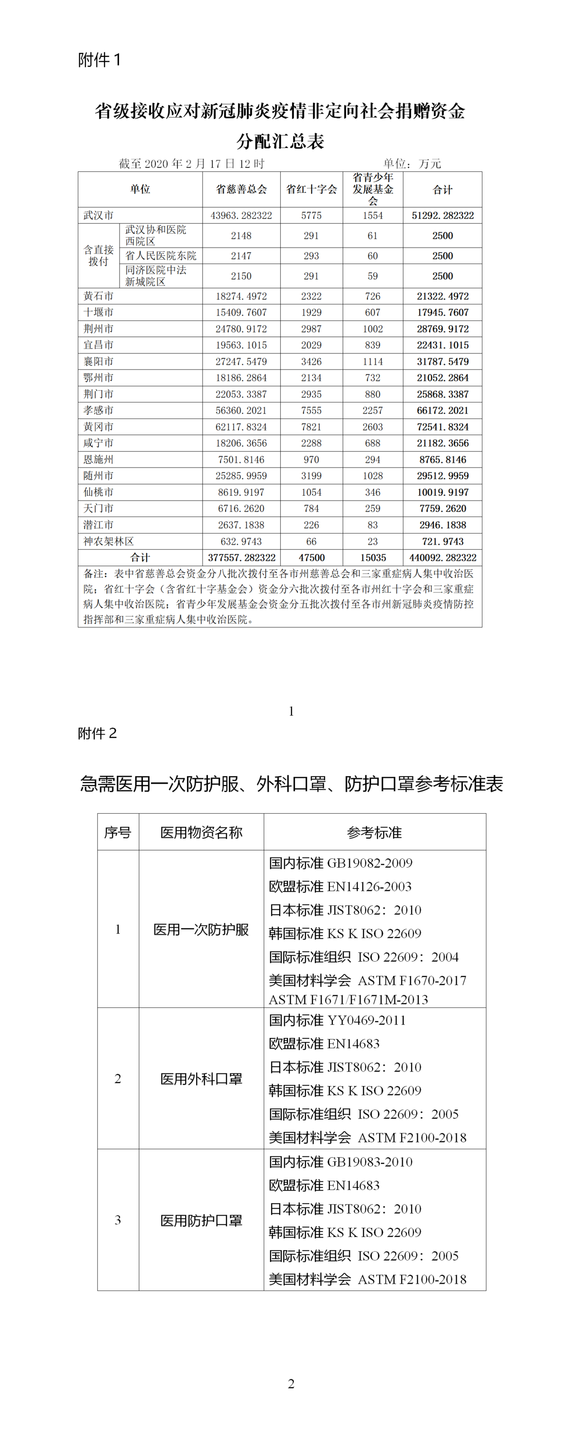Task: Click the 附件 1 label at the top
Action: coord(99,59)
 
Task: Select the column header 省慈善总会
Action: coord(241,189)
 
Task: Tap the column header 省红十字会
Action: coord(311,189)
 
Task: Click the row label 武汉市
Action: coord(99,215)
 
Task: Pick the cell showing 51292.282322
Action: coord(443,215)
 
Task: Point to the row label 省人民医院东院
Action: coord(161,255)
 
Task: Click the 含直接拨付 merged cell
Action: coord(99,255)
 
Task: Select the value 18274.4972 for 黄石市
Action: coord(241,296)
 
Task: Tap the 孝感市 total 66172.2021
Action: coord(443,410)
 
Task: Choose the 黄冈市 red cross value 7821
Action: coord(311,427)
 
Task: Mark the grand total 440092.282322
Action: coord(443,557)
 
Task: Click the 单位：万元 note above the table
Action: coord(412,164)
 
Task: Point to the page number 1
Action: coord(291,711)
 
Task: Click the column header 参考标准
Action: coord(374,832)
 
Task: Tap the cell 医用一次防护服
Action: coord(201,930)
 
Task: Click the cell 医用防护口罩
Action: coord(201,1221)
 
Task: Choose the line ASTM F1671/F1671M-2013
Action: coord(348,1000)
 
